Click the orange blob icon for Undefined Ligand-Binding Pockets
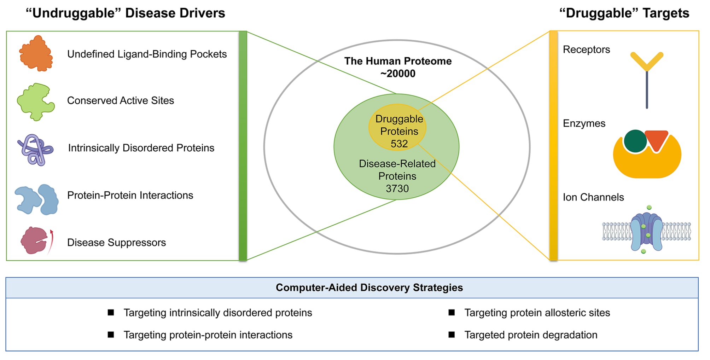[x=36, y=54]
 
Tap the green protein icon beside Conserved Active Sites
[x=35, y=102]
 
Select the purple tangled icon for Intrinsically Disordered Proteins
[x=35, y=150]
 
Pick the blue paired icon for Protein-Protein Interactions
[x=36, y=199]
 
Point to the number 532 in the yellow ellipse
[x=399, y=144]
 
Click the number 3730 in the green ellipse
[x=397, y=188]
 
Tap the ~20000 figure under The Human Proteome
[x=398, y=74]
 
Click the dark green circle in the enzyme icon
[x=635, y=141]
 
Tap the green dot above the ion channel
[x=649, y=208]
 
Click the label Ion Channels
[x=593, y=197]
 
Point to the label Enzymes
[x=584, y=123]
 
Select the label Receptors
[x=586, y=50]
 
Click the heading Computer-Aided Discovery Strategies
[x=369, y=288]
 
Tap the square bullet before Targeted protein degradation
[x=452, y=335]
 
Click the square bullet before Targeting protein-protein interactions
[x=111, y=335]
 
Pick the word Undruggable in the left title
[x=74, y=13]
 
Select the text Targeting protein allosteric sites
[x=537, y=313]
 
